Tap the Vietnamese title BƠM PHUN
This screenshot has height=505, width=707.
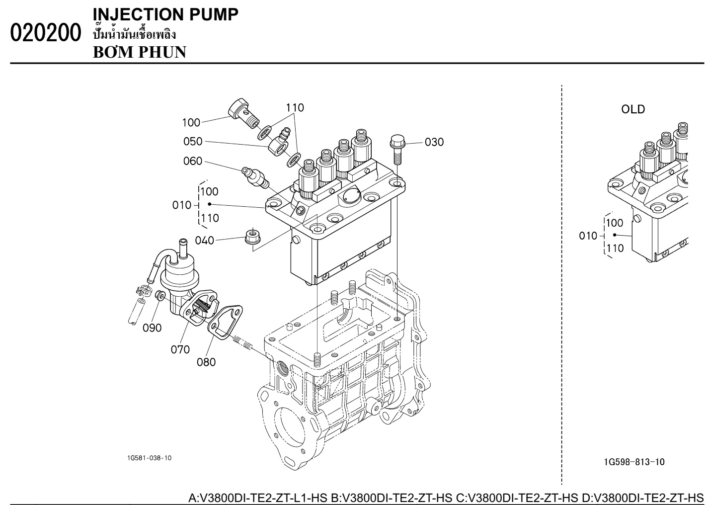(140, 52)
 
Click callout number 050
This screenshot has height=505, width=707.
(193, 141)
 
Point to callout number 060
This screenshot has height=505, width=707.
(193, 161)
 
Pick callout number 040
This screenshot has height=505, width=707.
(204, 241)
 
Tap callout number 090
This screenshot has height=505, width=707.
(153, 328)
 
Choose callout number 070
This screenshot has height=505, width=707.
(180, 349)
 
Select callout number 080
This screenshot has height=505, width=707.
(206, 362)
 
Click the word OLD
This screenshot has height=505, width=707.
(633, 109)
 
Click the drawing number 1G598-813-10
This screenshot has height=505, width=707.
(634, 462)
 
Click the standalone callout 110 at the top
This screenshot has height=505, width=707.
(295, 107)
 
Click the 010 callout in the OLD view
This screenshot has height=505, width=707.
(588, 236)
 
